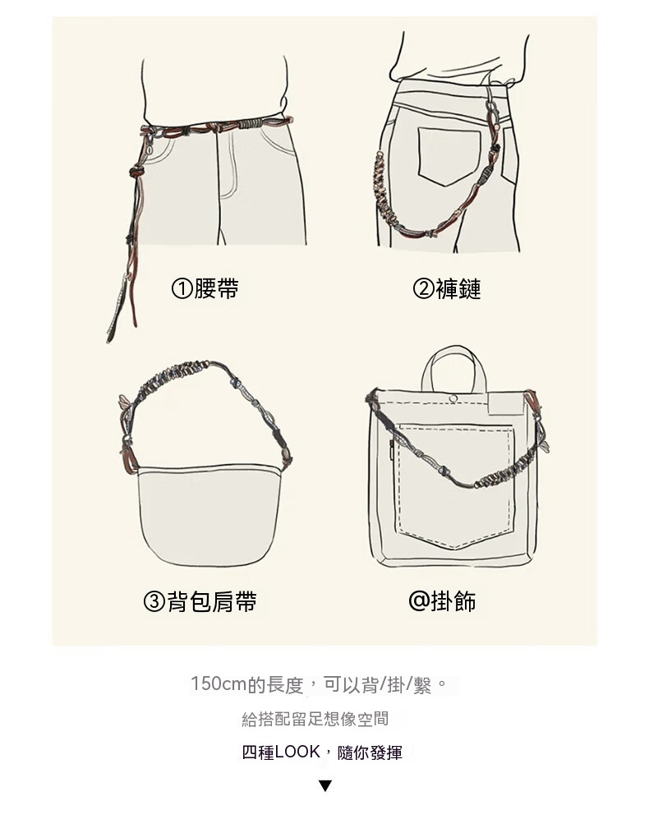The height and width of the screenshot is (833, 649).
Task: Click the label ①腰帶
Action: (x=205, y=288)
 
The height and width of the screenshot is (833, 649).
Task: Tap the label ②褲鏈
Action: (x=447, y=288)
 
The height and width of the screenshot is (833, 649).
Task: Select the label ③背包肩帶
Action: (x=200, y=601)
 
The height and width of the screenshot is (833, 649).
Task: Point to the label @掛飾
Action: (x=442, y=601)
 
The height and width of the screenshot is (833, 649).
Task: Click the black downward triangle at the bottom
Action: (x=325, y=785)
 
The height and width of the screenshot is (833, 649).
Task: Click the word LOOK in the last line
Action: (x=297, y=752)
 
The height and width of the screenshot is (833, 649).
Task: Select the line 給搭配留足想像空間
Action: (x=315, y=719)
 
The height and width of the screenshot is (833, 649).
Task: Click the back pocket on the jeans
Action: (x=449, y=155)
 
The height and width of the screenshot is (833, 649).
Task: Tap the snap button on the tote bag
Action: (x=453, y=398)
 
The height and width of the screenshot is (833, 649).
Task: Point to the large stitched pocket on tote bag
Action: (x=456, y=485)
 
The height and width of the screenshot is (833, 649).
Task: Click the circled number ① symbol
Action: (x=182, y=289)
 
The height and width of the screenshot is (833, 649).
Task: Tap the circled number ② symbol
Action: (x=423, y=289)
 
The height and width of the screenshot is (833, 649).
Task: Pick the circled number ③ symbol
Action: (x=154, y=602)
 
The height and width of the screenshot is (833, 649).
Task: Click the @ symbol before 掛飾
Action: (x=418, y=601)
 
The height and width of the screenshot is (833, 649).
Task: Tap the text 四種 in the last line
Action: (x=258, y=752)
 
